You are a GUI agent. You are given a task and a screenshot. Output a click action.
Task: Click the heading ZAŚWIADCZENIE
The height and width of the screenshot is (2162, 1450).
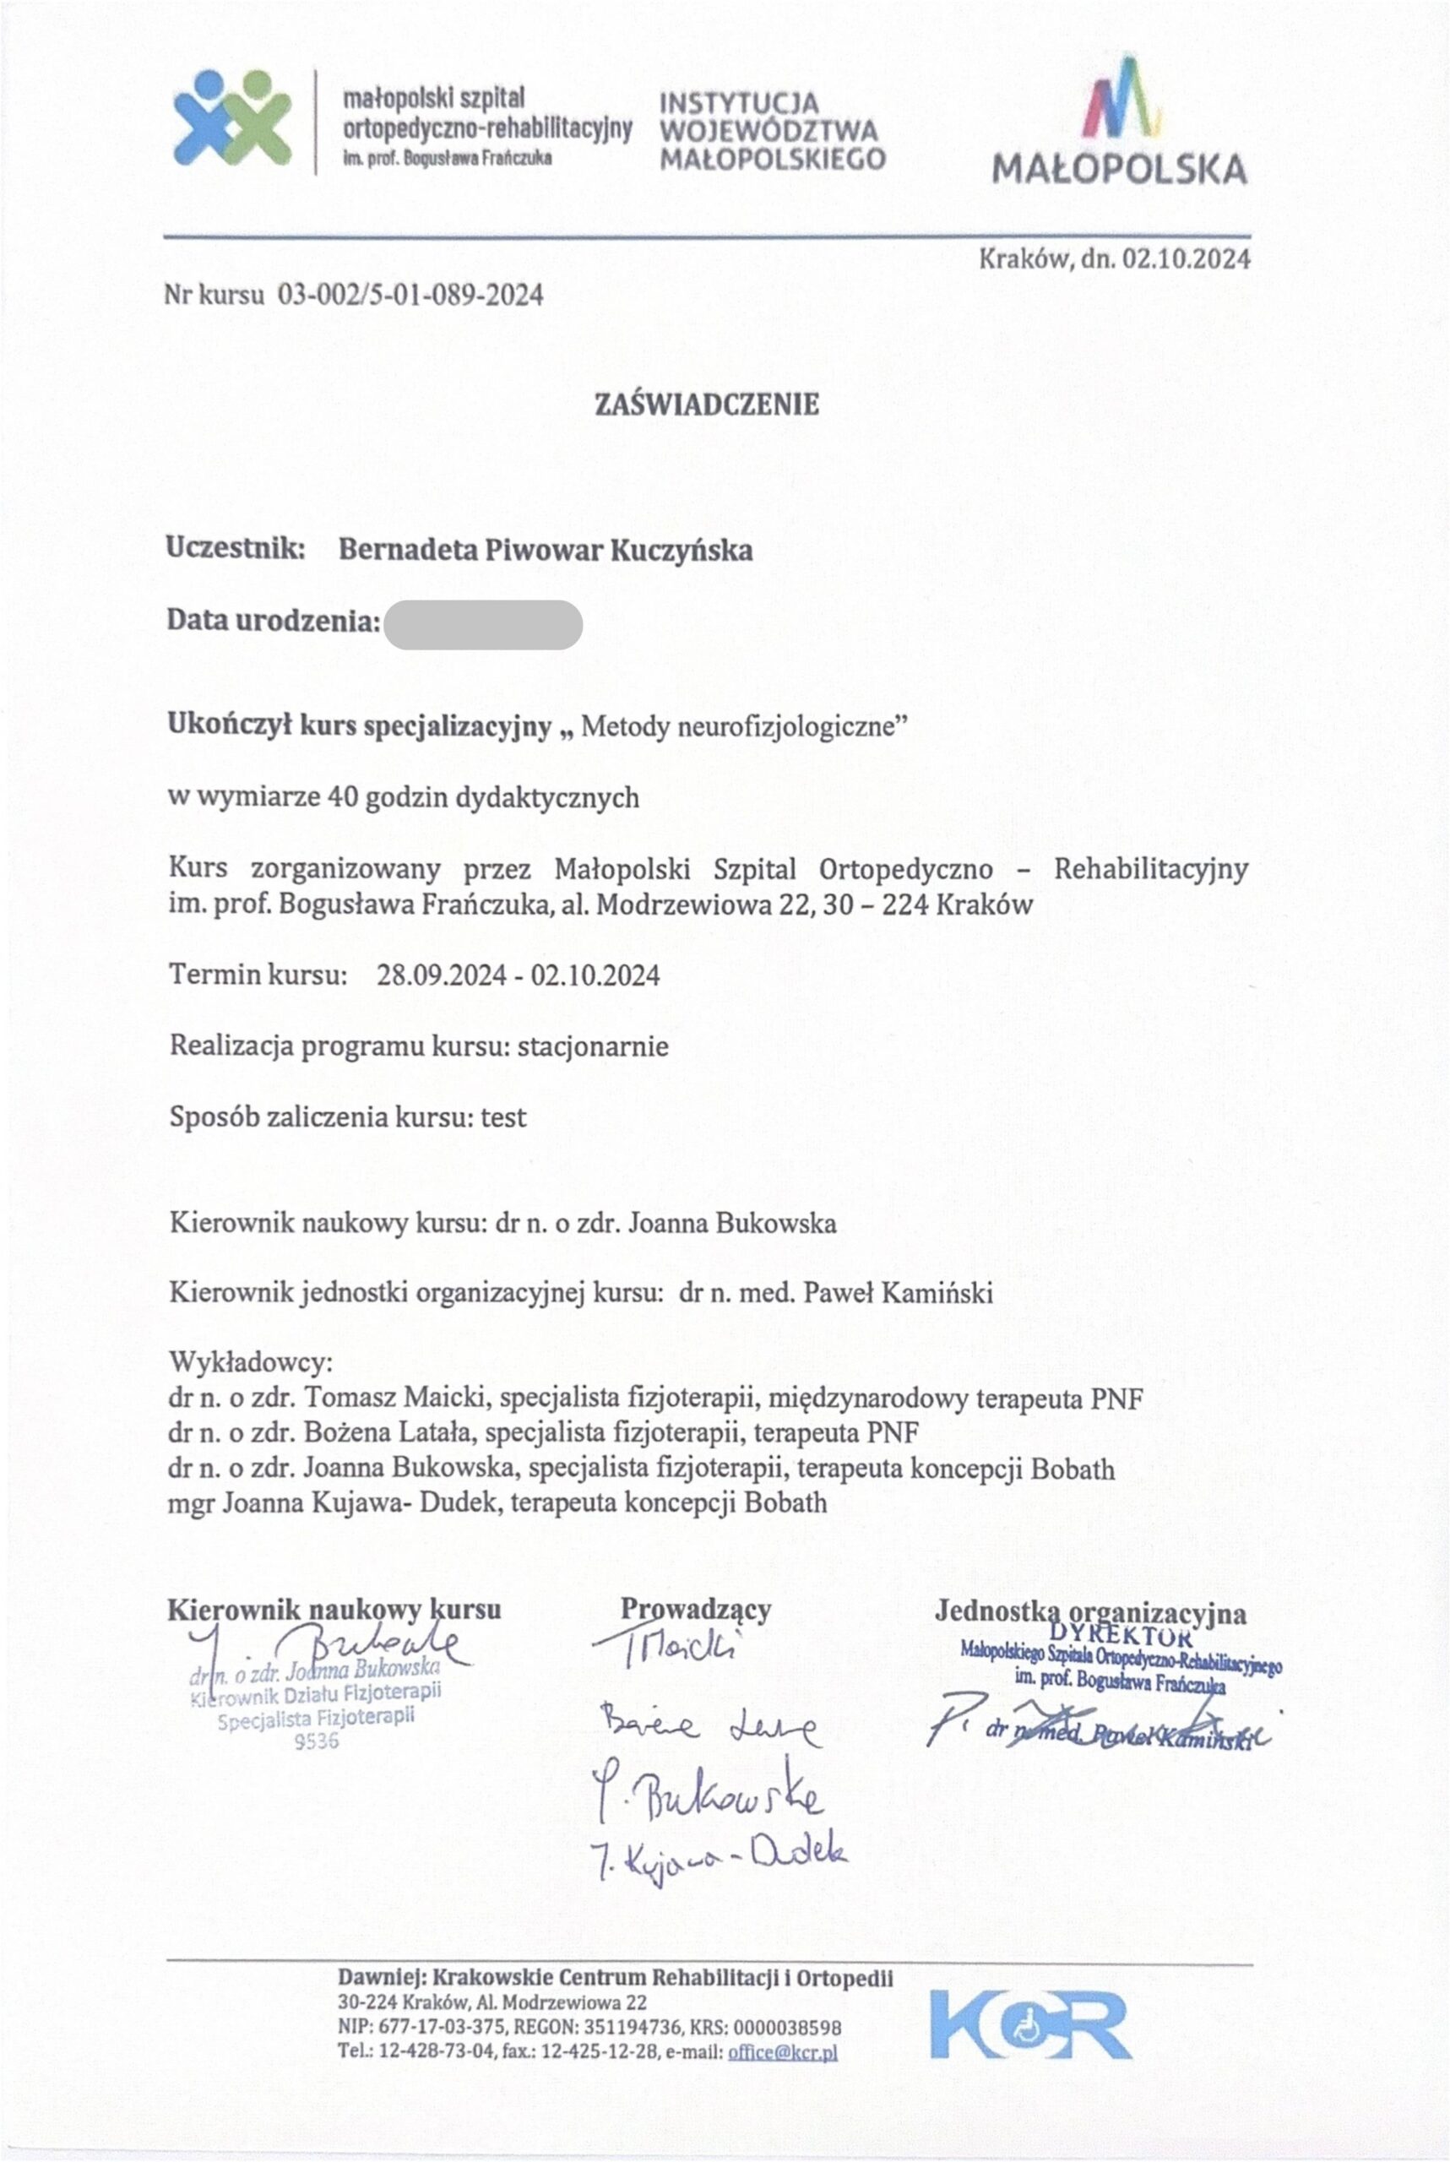pyautogui.click(x=707, y=404)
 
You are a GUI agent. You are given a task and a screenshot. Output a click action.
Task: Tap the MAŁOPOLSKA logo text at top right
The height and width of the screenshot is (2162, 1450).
pyautogui.click(x=1119, y=169)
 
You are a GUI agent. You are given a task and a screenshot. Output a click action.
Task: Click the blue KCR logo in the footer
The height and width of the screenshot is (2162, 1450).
pyautogui.click(x=1030, y=2025)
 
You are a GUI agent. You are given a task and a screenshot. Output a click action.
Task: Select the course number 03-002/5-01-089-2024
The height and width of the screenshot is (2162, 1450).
pyautogui.click(x=410, y=295)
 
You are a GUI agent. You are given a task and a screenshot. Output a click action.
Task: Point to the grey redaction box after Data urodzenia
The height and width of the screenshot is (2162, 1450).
pyautogui.click(x=483, y=624)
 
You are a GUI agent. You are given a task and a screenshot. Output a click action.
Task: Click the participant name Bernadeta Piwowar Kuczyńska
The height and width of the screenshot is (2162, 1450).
pyautogui.click(x=546, y=550)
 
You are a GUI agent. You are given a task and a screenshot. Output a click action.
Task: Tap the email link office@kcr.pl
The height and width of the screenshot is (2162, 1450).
pyautogui.click(x=782, y=2051)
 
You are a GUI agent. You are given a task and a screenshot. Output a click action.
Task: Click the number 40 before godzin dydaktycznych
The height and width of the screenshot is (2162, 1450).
pyautogui.click(x=342, y=797)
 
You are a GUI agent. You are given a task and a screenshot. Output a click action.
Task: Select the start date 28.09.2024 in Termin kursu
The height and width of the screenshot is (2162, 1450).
pyautogui.click(x=441, y=975)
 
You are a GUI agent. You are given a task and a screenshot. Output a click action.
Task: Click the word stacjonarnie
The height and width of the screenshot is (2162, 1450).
pyautogui.click(x=593, y=1046)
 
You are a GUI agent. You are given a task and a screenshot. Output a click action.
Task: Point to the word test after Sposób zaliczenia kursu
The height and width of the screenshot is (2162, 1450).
pyautogui.click(x=503, y=1117)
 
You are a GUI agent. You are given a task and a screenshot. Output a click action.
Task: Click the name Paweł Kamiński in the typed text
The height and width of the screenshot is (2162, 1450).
pyautogui.click(x=899, y=1292)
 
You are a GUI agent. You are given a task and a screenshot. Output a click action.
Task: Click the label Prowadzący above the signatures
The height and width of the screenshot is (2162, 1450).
pyautogui.click(x=695, y=1609)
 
